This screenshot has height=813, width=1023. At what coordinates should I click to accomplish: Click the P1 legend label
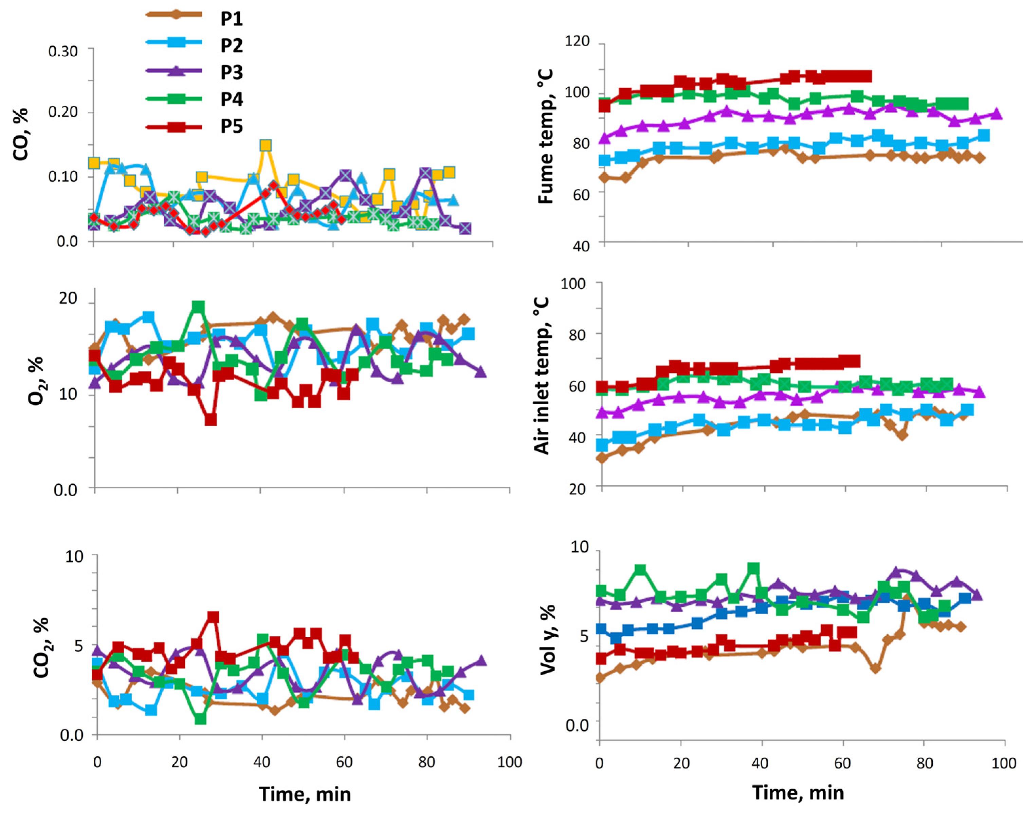(232, 19)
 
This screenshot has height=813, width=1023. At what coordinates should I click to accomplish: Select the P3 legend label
(232, 73)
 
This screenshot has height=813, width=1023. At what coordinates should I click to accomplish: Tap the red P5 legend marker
(174, 127)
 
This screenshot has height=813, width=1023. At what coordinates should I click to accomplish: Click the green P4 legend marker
(174, 99)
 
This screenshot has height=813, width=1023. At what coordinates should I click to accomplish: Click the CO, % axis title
(21, 135)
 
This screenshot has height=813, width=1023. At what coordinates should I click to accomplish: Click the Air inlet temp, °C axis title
(542, 375)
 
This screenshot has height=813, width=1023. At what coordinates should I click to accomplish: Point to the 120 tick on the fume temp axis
(577, 42)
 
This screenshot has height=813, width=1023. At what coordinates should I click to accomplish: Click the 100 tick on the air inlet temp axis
(573, 284)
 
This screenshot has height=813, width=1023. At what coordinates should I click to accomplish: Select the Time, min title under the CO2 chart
(305, 794)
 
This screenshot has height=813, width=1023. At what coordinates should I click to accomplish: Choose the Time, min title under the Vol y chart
(798, 793)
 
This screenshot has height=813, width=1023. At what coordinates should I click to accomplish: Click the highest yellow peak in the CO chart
(266, 145)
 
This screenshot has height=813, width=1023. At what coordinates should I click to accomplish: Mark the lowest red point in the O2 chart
(211, 420)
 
